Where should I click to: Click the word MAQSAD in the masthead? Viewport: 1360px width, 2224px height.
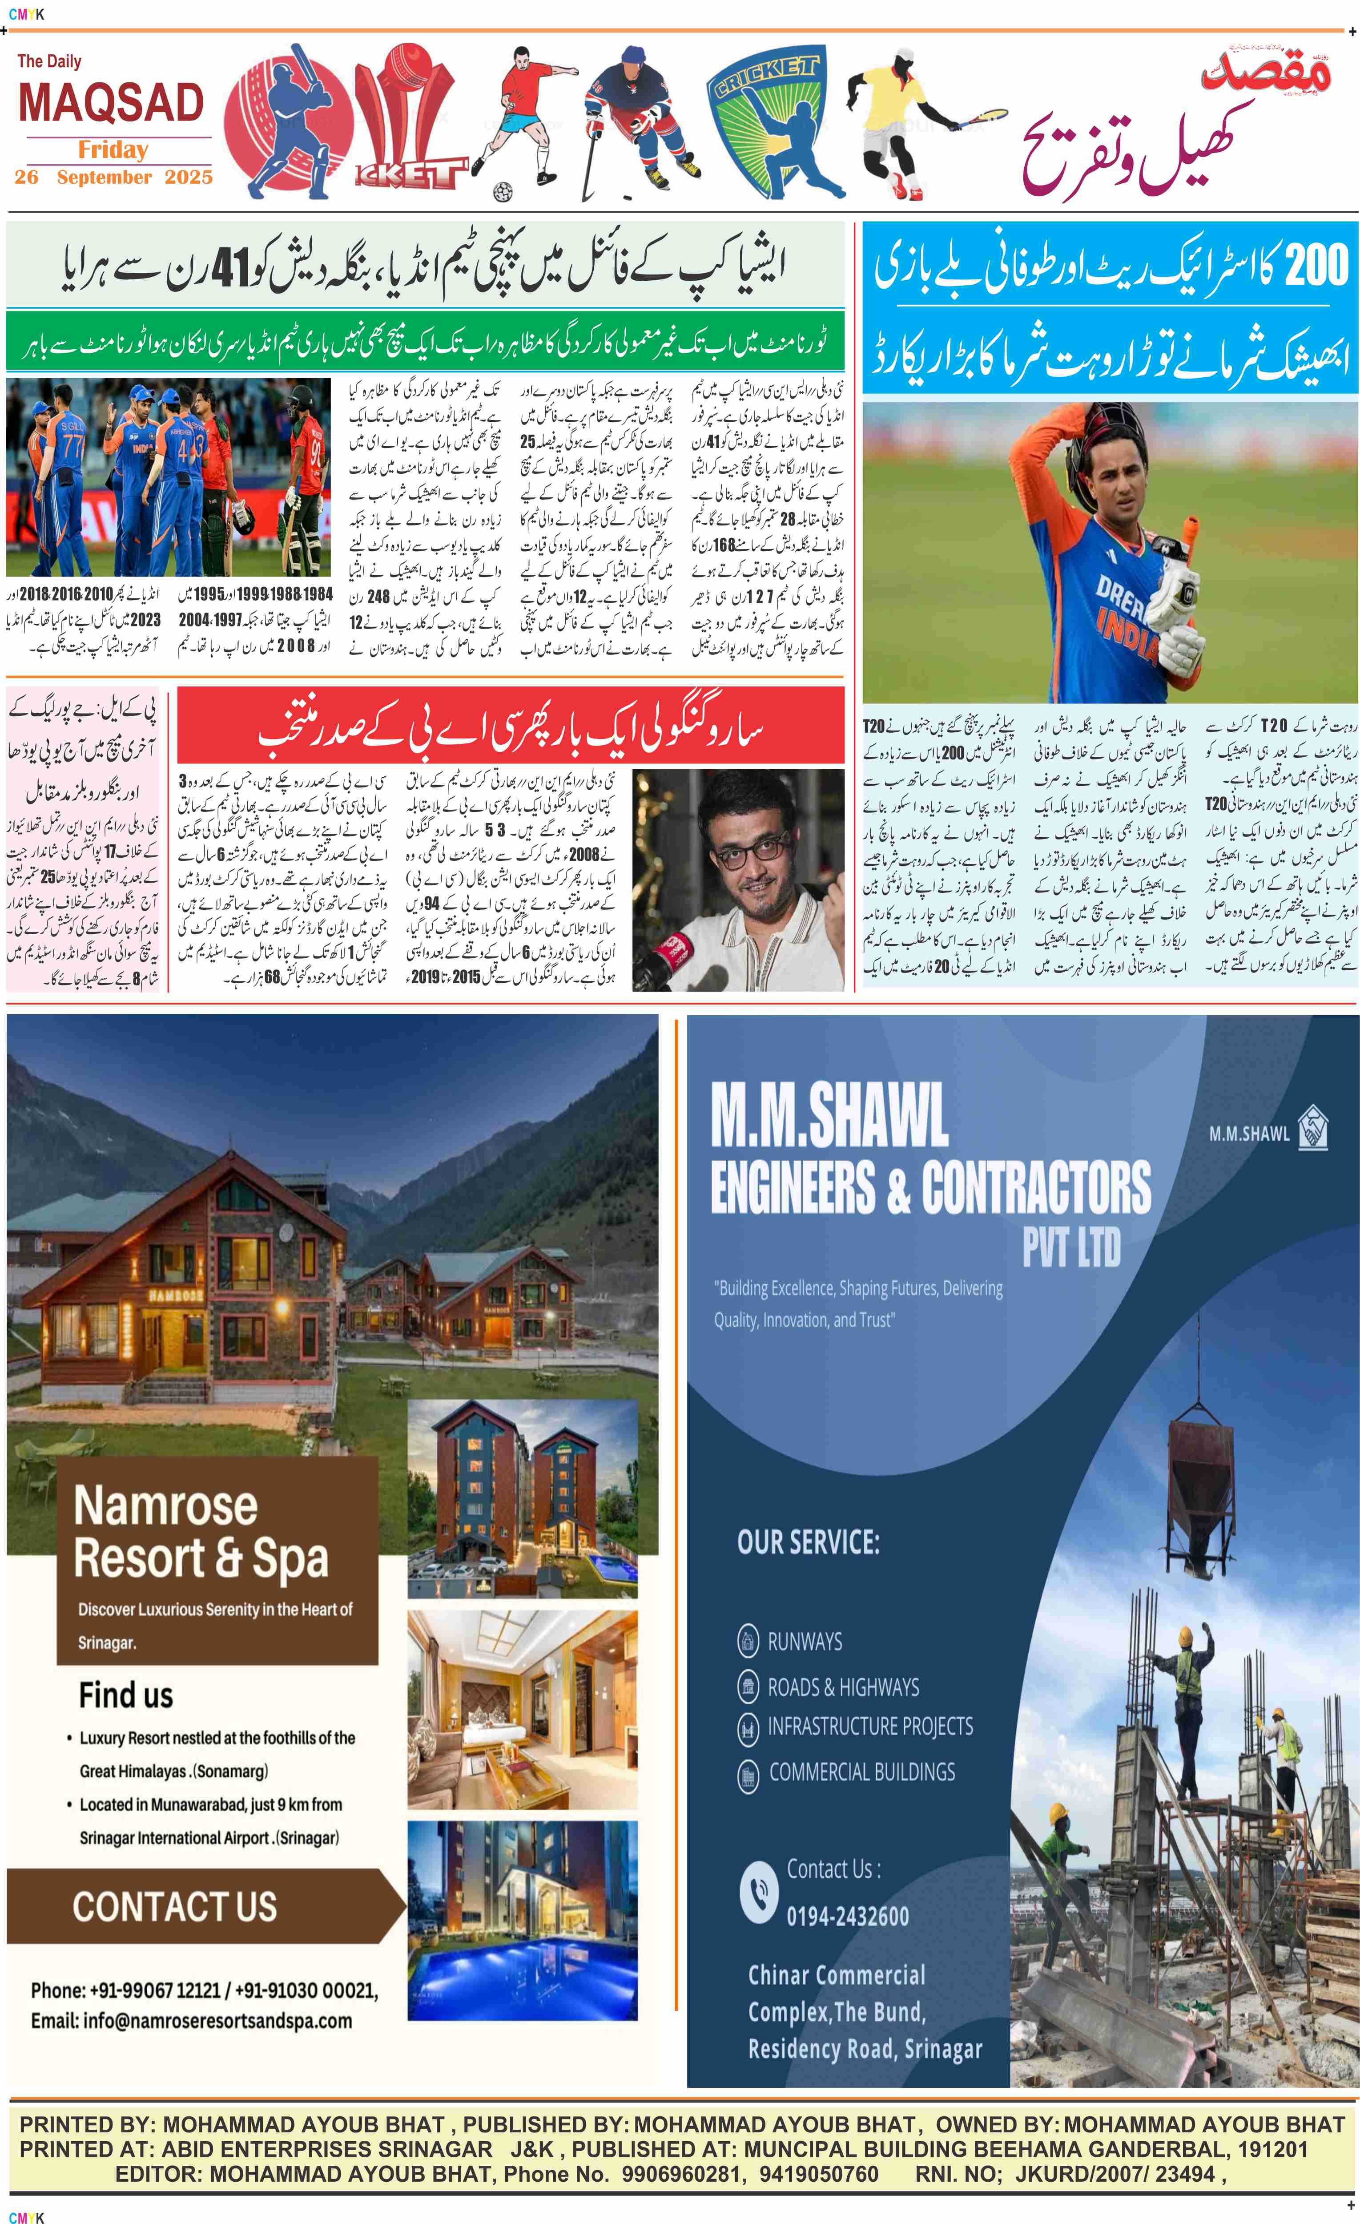(x=111, y=103)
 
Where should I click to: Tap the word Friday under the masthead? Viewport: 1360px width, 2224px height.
(x=113, y=150)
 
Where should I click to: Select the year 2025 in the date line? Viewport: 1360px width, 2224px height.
(x=189, y=177)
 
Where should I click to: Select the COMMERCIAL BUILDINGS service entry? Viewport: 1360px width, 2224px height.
(x=861, y=1772)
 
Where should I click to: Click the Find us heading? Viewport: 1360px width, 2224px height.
(x=125, y=1695)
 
